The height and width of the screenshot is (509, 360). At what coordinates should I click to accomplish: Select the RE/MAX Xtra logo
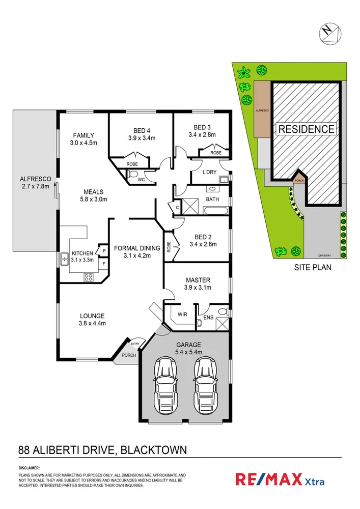280,480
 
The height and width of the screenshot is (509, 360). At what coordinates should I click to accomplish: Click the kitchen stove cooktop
88,277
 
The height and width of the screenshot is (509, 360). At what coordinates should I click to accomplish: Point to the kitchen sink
65,260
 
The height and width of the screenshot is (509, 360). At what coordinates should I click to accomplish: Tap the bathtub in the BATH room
216,210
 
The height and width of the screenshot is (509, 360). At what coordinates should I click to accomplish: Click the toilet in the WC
133,175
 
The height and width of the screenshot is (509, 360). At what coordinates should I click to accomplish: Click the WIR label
182,315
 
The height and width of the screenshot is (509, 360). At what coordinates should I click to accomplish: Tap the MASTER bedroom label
198,280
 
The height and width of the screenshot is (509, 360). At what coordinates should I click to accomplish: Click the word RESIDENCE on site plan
307,129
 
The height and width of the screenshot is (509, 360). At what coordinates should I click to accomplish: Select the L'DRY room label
209,172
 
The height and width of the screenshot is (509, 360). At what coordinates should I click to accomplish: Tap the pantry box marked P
104,251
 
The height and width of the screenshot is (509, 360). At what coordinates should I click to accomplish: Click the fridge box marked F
104,264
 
